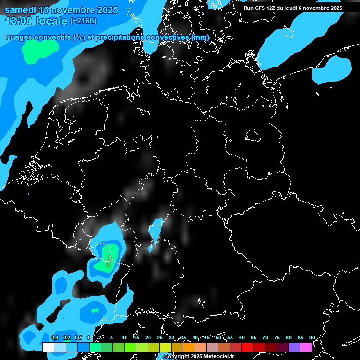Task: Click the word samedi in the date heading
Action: coord(20,10)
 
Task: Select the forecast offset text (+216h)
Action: coord(83,21)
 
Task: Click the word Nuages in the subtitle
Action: coord(19,37)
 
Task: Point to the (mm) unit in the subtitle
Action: coord(200,37)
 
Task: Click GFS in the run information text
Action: coord(261,8)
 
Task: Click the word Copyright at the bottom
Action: coord(176,357)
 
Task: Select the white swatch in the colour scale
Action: coord(48,347)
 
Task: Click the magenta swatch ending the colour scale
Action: coord(306,347)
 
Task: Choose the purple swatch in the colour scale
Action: coord(294,347)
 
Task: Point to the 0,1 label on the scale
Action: coord(55,338)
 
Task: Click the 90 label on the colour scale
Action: coord(312,338)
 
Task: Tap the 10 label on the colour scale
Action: coord(125,338)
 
